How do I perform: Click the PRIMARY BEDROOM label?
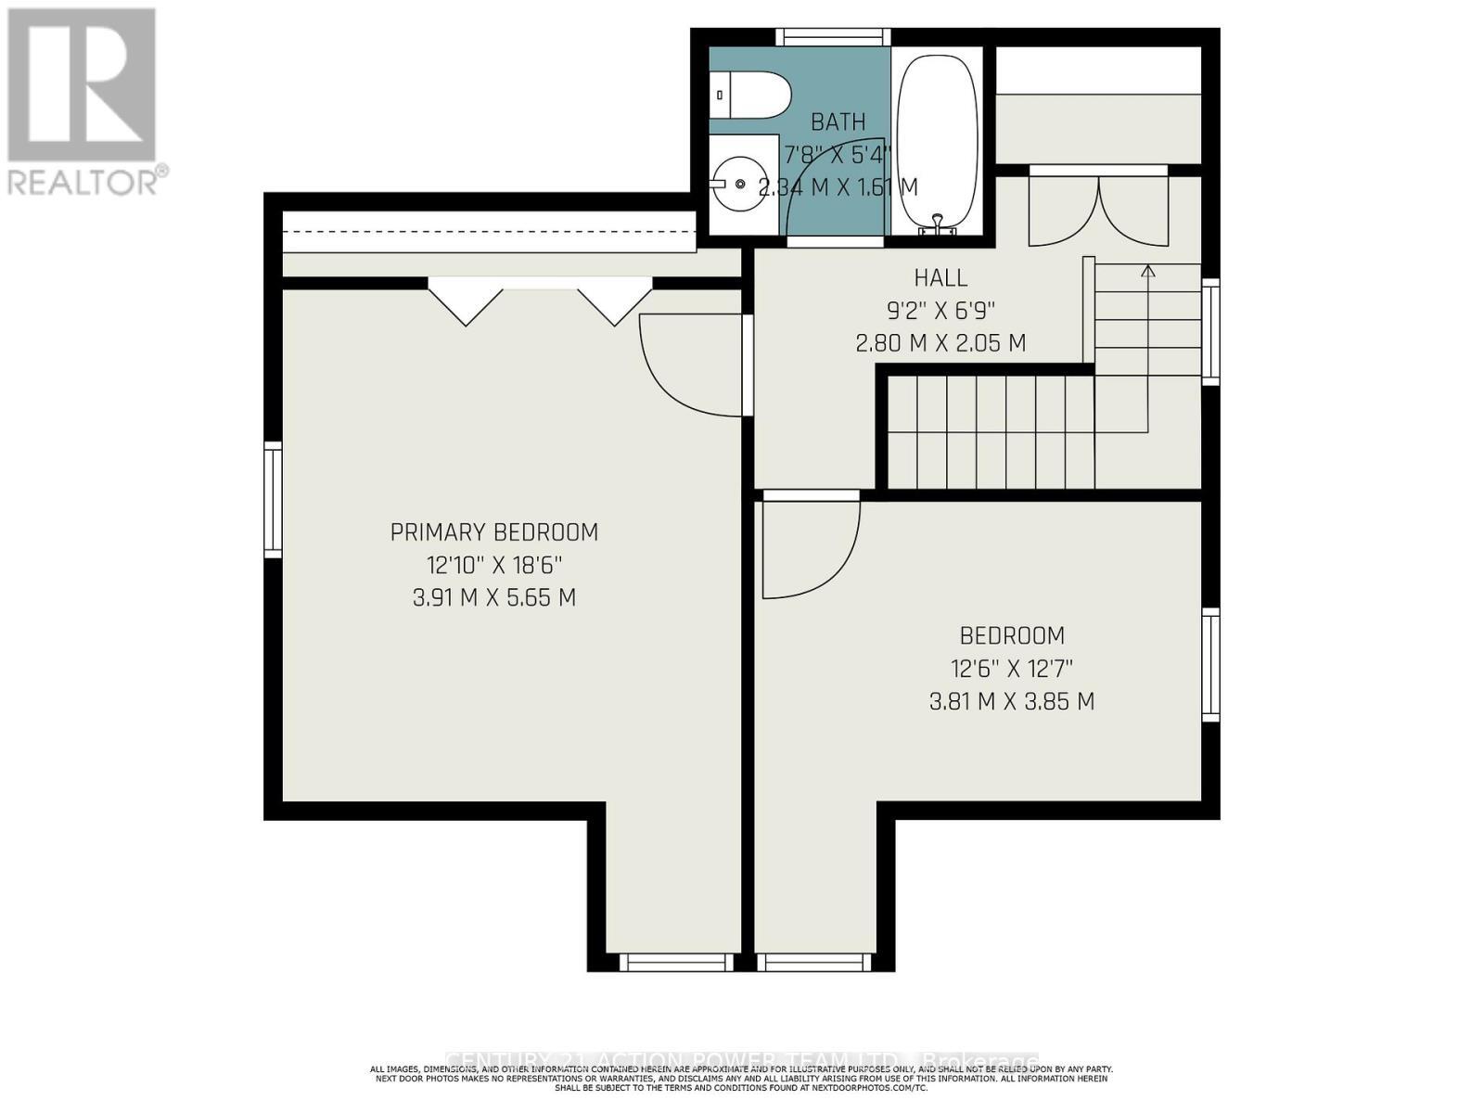click(x=493, y=532)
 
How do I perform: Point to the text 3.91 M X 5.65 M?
click(x=493, y=597)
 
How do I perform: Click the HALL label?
click(x=940, y=277)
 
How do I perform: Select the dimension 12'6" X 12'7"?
click(x=1011, y=668)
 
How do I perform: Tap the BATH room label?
click(x=838, y=122)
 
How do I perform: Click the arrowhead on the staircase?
click(x=1148, y=271)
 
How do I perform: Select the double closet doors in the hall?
click(x=1098, y=211)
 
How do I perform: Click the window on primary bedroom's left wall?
click(x=273, y=500)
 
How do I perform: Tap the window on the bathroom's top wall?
click(x=832, y=37)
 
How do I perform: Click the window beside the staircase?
click(x=1210, y=331)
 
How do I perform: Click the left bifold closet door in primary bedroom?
click(x=466, y=304)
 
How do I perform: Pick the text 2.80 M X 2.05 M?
click(x=940, y=342)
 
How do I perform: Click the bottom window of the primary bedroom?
click(x=675, y=963)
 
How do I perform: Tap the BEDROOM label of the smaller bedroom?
click(x=1011, y=635)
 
